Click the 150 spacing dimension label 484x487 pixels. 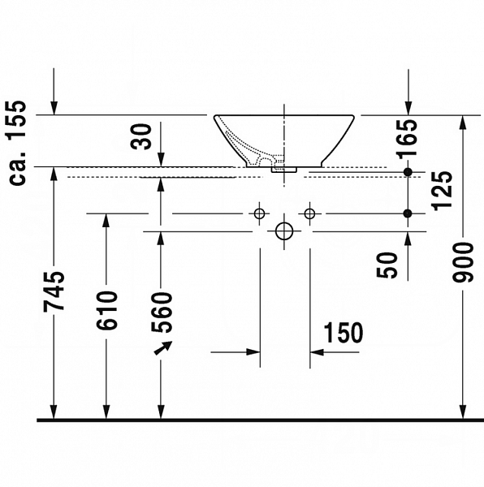click(343, 332)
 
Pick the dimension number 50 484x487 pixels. click(389, 265)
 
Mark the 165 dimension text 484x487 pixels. click(408, 136)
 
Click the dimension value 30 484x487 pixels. click(143, 136)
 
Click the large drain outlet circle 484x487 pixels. click(283, 231)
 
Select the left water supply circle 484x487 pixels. click(259, 213)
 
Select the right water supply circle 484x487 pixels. click(309, 213)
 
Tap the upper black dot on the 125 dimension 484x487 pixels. click(408, 172)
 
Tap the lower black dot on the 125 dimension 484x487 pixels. click(408, 213)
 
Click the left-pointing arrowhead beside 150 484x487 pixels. click(316, 352)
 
